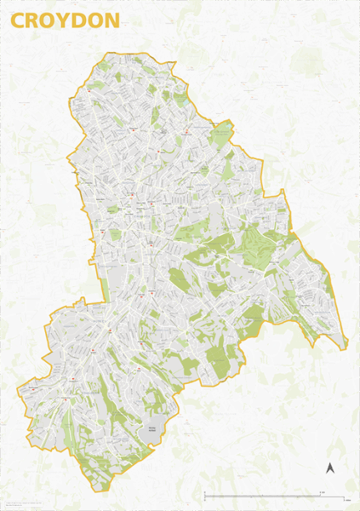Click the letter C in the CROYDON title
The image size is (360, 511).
coord(19,22)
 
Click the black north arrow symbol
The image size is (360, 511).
coord(330,467)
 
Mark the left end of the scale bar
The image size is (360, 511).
coord(205,496)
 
